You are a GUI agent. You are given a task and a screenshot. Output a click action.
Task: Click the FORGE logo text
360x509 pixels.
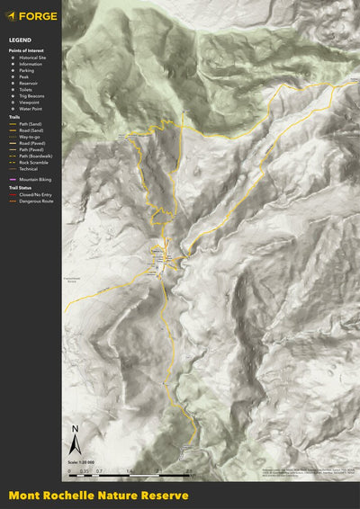coord(37,15)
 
